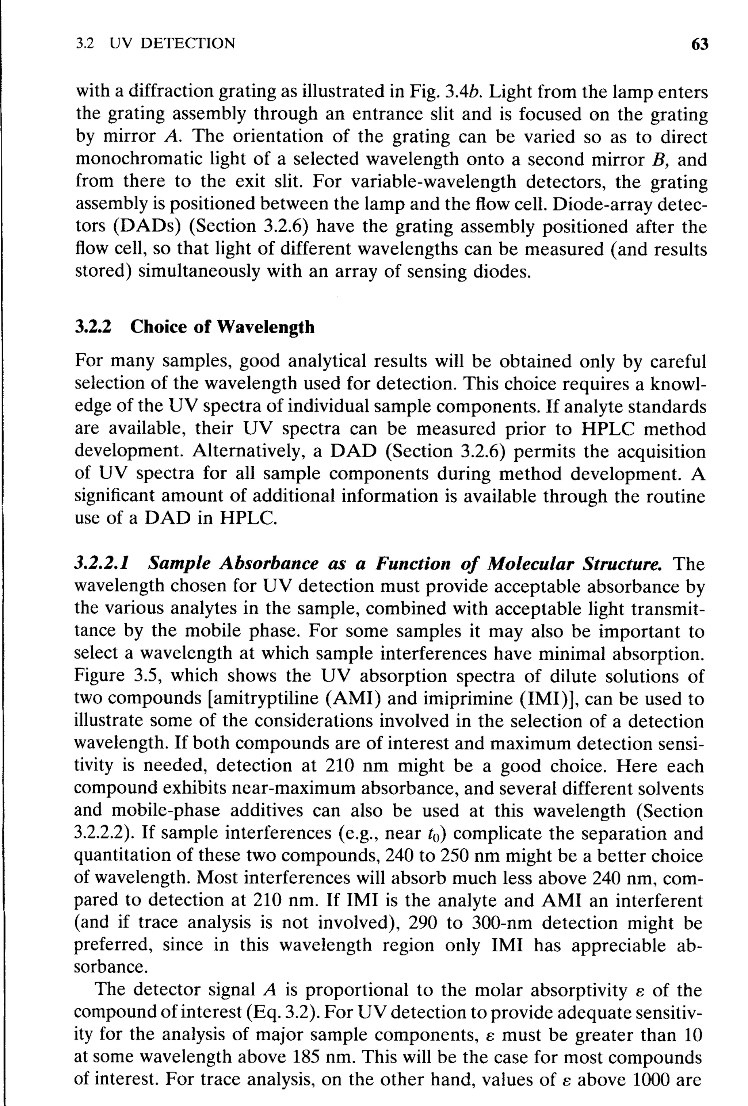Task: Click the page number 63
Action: pos(699,44)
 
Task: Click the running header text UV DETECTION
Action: pos(172,44)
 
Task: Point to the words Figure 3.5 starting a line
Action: pos(118,676)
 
